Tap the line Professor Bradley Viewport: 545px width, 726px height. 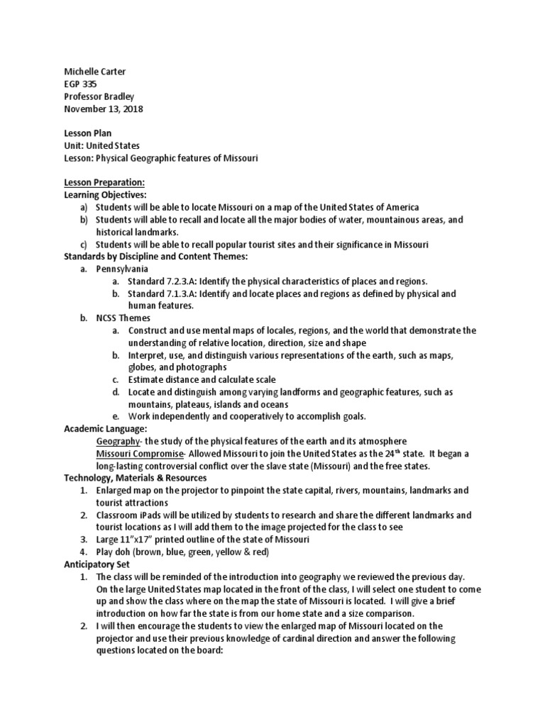[99, 96]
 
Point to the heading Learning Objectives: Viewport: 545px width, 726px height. [105, 194]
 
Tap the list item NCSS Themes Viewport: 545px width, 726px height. [123, 318]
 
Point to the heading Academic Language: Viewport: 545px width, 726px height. [105, 429]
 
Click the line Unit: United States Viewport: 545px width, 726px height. [101, 145]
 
